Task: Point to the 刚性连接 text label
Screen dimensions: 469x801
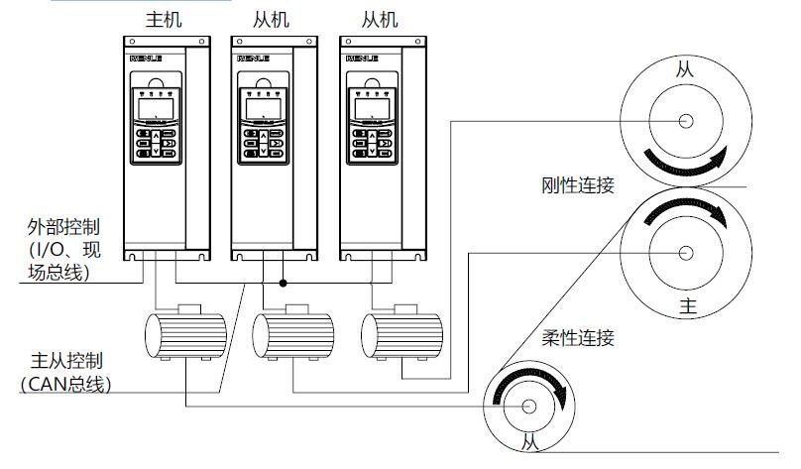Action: (578, 186)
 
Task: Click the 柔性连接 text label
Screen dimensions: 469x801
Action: (578, 338)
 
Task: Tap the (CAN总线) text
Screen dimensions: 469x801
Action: (66, 384)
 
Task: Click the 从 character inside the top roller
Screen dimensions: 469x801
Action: (685, 68)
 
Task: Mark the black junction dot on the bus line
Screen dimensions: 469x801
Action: (283, 283)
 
